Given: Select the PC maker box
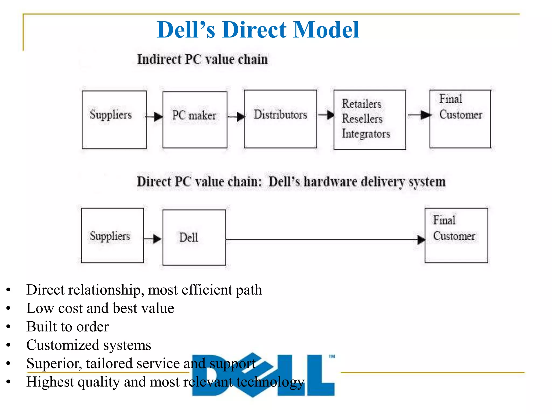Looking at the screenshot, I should (195, 119).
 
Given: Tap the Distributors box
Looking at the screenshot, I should (280, 119).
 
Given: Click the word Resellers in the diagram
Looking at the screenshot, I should (362, 119).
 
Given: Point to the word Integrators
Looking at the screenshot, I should (366, 134).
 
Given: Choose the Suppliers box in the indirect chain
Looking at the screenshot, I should (114, 119).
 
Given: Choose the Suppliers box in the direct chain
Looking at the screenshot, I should (112, 235).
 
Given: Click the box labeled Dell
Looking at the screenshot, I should (194, 237).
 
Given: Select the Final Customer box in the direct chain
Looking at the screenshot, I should (456, 235).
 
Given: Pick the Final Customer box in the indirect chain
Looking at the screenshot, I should (460, 119).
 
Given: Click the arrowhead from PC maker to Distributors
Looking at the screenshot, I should (241, 117).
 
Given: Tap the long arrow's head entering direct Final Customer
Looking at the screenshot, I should (421, 239).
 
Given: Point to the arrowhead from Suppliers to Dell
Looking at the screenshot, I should (157, 239).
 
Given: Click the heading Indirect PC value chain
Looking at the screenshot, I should (202, 59).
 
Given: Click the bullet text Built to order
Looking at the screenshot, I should (67, 327).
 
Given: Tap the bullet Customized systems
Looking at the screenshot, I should (89, 345).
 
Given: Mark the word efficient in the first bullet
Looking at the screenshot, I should (206, 290).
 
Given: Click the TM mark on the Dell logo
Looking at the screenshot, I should (332, 356).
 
